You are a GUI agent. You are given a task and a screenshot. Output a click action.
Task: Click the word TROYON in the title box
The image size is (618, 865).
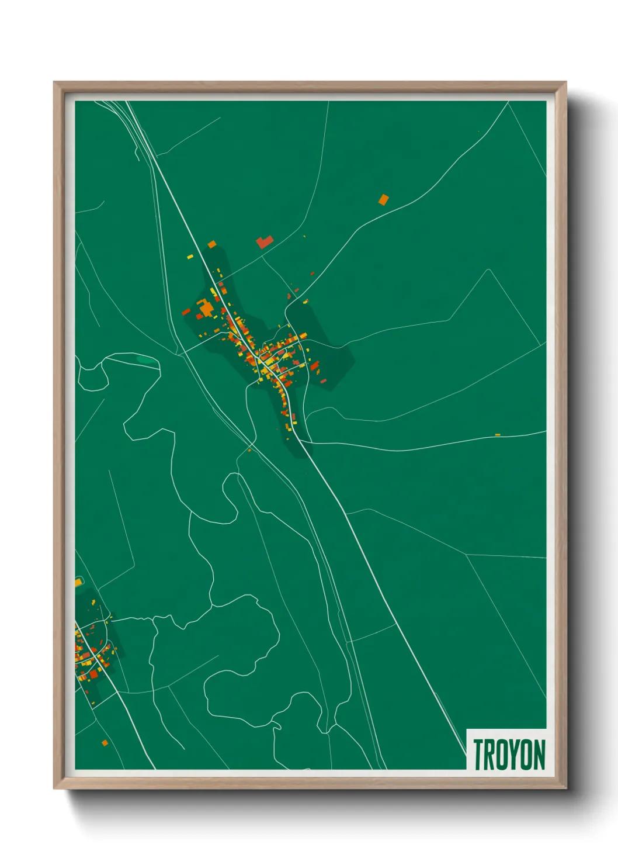pos(509,755)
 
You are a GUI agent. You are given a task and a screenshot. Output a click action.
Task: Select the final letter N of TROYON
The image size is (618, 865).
pos(539,755)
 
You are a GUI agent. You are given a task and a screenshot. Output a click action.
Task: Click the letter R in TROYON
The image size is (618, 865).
pos(489,755)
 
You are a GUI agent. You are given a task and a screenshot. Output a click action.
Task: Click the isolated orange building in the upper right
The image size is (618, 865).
pos(383,200)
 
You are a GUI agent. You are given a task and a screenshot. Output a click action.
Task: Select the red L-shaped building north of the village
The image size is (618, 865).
pos(264,241)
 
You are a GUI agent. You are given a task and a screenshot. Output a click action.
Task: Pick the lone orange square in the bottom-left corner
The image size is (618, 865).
pos(105,743)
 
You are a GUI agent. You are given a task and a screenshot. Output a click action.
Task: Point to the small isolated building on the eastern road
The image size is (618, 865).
pos(498,435)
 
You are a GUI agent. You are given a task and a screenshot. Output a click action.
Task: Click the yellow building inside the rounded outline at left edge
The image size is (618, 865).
pos(78,582)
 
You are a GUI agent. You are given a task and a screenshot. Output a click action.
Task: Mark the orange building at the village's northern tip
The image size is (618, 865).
pos(211,244)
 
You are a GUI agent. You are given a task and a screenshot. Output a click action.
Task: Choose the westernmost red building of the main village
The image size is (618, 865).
pos(186,312)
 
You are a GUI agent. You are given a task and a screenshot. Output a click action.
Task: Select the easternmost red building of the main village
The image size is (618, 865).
pos(323,381)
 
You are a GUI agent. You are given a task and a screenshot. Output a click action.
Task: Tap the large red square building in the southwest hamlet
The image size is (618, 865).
pos(93,674)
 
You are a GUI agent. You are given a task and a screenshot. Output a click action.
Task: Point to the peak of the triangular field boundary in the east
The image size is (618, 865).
pos(488,270)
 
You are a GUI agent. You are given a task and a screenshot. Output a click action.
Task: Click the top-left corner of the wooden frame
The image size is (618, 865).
pos(54,82)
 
